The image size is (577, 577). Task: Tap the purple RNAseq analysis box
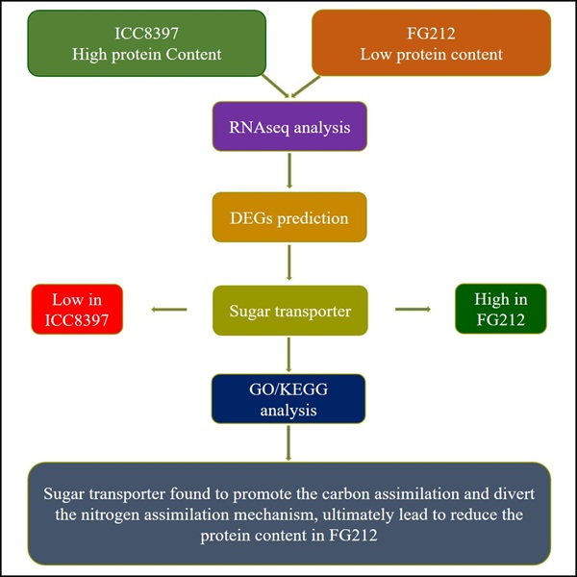289,125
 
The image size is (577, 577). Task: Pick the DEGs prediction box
289,217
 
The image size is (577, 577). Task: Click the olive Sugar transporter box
289,310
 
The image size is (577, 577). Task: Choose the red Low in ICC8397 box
76,310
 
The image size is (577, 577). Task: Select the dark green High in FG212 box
501,310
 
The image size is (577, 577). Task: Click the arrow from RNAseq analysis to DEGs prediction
289,170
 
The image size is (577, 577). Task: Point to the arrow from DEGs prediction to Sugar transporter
289,263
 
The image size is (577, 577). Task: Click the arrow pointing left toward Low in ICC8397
169,310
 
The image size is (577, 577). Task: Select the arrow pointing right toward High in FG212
413,310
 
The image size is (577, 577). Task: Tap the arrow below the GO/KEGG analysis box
289,445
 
